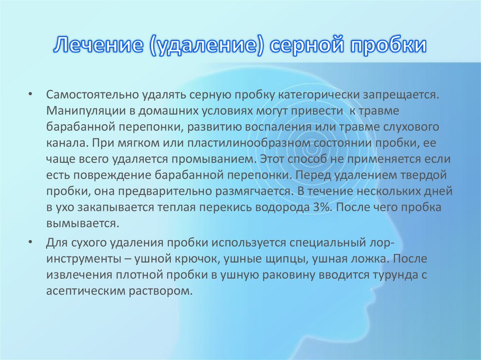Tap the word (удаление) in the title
pyautogui.click(x=207, y=46)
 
